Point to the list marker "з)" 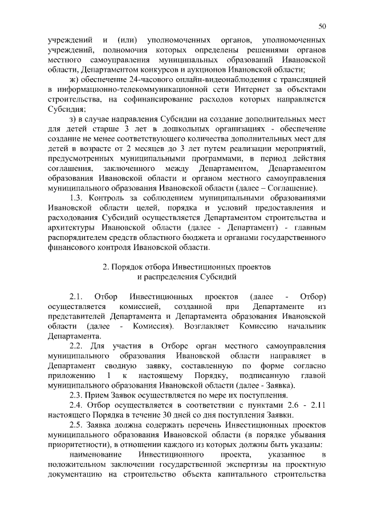[x=72, y=119]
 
